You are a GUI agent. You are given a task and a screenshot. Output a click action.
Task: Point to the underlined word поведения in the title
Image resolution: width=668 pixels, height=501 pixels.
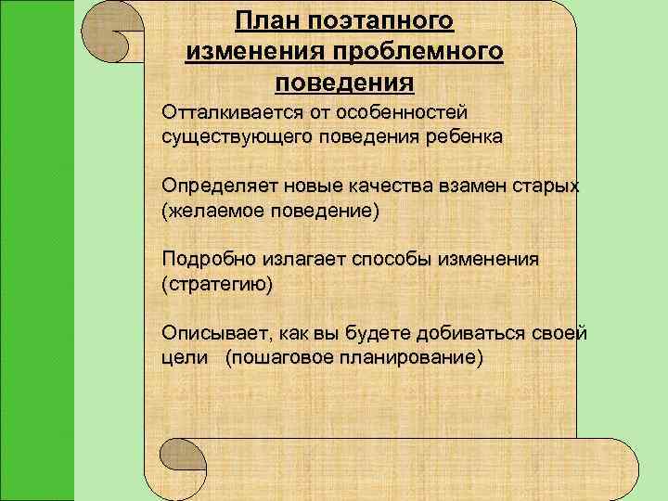pos(344,83)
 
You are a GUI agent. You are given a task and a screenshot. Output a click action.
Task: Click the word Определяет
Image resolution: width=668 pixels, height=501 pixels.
pos(214,186)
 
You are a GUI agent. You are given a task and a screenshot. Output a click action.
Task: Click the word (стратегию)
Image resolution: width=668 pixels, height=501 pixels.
pos(218,284)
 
